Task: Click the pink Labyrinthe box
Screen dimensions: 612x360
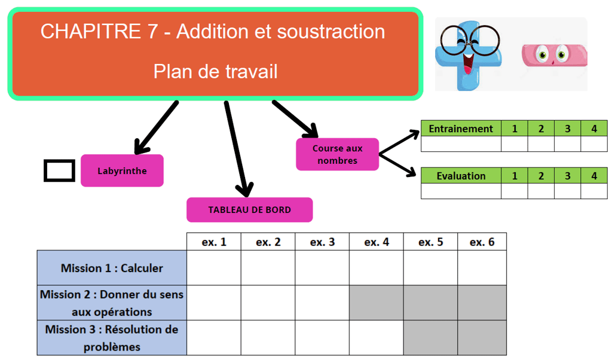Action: (x=122, y=170)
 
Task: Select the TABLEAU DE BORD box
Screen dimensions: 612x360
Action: (x=249, y=210)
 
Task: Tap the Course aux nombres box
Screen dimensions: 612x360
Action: (x=337, y=154)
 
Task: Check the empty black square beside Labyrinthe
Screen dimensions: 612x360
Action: (x=59, y=170)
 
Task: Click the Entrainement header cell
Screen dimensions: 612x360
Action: (x=461, y=129)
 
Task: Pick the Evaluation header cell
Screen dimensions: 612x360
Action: (x=461, y=176)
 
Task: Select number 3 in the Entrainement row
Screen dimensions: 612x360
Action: (x=567, y=129)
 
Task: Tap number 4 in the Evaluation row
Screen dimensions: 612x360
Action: (x=593, y=176)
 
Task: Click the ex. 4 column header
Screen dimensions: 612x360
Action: (x=377, y=242)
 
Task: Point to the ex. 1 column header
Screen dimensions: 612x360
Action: (x=214, y=242)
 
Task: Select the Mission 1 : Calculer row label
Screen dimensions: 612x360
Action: (x=112, y=268)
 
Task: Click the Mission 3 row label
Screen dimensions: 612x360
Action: (x=112, y=338)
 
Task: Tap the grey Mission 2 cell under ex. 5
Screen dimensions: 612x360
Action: (x=430, y=303)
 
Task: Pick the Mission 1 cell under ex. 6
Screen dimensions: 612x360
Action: (x=482, y=268)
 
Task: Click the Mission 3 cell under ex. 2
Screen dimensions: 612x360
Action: (x=268, y=338)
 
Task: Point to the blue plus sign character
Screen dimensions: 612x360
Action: (x=469, y=54)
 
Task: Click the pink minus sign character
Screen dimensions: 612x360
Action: (x=553, y=56)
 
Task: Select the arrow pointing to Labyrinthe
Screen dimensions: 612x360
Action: (x=157, y=127)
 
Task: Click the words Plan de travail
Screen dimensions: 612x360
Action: (x=215, y=72)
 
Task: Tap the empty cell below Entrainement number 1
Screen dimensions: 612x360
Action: (x=514, y=144)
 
